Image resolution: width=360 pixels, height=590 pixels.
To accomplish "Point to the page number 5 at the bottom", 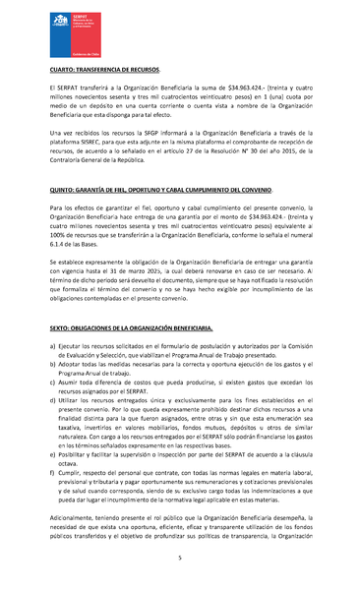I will coord(180,558).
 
